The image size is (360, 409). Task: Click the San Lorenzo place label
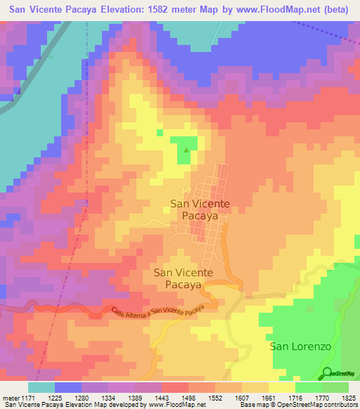[301, 346]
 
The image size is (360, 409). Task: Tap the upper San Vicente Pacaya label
[200, 210]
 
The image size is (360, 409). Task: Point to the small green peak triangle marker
[186, 150]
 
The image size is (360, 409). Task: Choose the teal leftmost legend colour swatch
[41, 387]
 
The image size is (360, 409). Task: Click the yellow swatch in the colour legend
[281, 387]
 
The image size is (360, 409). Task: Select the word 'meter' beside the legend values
[11, 397]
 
